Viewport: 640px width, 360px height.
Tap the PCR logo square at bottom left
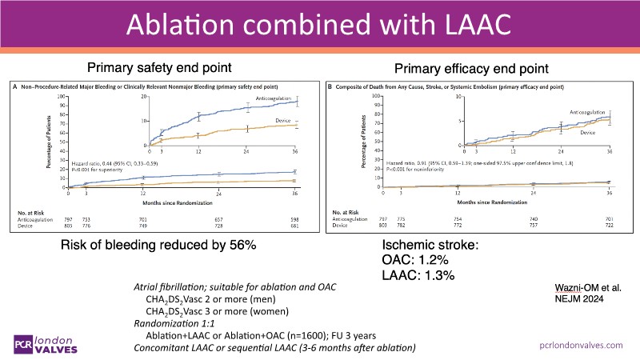click(22, 345)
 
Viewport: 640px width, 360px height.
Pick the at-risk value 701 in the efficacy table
click(610, 220)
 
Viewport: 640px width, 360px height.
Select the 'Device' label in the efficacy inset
click(588, 132)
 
